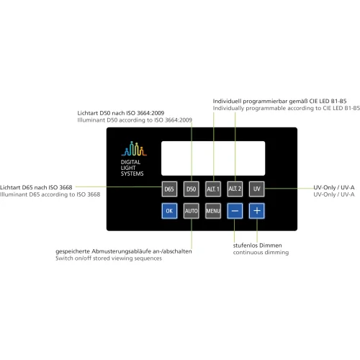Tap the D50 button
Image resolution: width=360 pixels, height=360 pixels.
192,189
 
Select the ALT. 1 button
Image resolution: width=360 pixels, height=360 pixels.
213,189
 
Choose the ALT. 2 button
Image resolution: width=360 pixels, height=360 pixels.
235,189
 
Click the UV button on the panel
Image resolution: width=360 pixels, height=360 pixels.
257,189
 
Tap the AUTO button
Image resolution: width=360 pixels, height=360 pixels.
192,211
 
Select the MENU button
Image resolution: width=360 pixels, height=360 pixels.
213,211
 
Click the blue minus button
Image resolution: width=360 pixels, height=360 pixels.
235,211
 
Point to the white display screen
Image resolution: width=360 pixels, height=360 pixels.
213,158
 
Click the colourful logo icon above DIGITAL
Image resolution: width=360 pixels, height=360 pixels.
134,149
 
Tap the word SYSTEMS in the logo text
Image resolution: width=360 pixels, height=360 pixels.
132,174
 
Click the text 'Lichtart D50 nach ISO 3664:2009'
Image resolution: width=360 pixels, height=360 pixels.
121,113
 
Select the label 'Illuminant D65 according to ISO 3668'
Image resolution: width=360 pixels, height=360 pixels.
50,194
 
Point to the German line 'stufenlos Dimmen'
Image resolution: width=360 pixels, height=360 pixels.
257,246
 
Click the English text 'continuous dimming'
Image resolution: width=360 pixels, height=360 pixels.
261,253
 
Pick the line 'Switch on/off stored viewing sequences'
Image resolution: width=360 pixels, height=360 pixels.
109,258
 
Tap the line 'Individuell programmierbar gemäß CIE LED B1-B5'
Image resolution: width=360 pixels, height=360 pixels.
279,101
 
